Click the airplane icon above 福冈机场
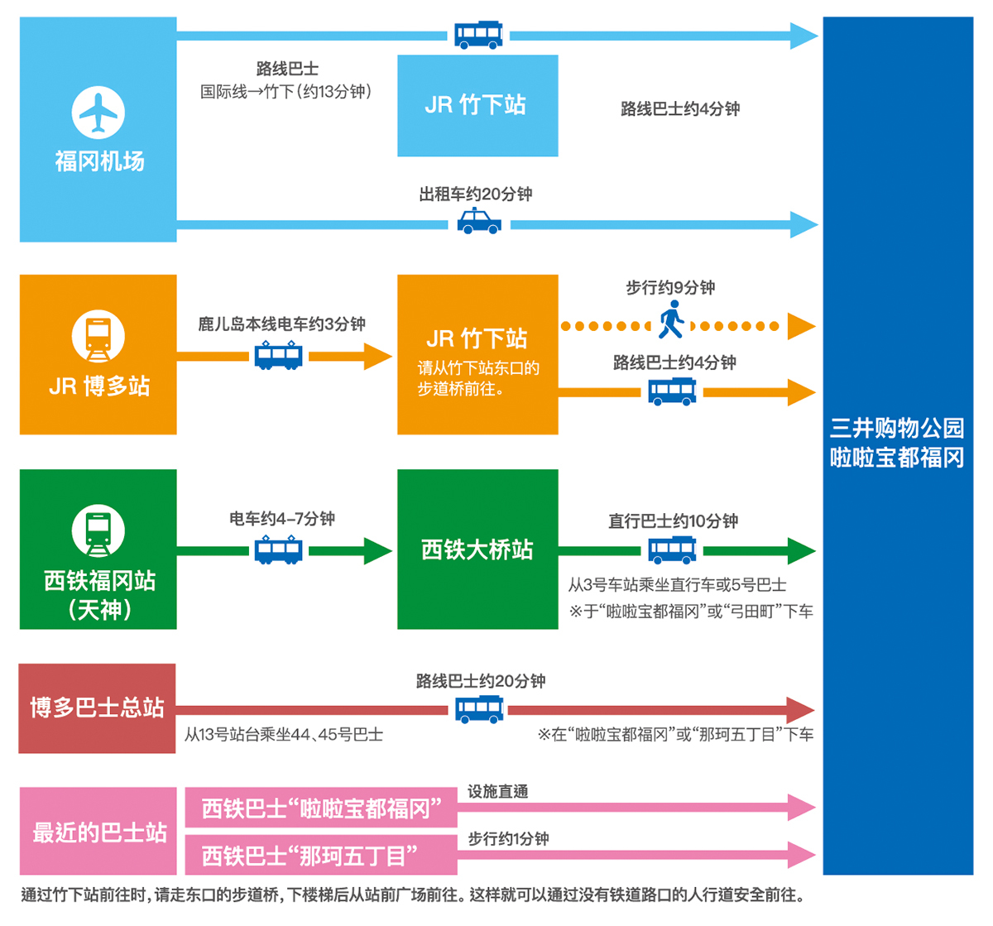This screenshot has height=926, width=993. [98, 113]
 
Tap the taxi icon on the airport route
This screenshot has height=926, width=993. [478, 221]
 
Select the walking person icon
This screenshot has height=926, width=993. [670, 319]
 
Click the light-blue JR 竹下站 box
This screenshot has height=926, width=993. [477, 106]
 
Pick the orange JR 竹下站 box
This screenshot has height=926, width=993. [477, 354]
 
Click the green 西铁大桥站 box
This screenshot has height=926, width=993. [477, 549]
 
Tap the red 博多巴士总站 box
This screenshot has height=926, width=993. [97, 708]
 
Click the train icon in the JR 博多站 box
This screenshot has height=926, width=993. [98, 336]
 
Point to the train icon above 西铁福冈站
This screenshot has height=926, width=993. [98, 530]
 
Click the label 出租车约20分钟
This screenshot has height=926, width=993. [476, 194]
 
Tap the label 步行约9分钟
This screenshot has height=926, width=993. [670, 288]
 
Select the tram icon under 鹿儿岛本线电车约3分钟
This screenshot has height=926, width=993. [278, 355]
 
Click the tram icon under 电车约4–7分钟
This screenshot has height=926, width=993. [278, 549]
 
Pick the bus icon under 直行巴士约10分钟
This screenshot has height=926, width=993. [671, 549]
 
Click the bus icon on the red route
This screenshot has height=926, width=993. [478, 710]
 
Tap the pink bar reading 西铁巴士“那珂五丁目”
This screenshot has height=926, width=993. [321, 855]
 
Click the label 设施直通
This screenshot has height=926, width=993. [497, 791]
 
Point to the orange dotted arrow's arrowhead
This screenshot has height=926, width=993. [801, 326]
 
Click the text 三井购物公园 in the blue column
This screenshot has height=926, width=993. [896, 428]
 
